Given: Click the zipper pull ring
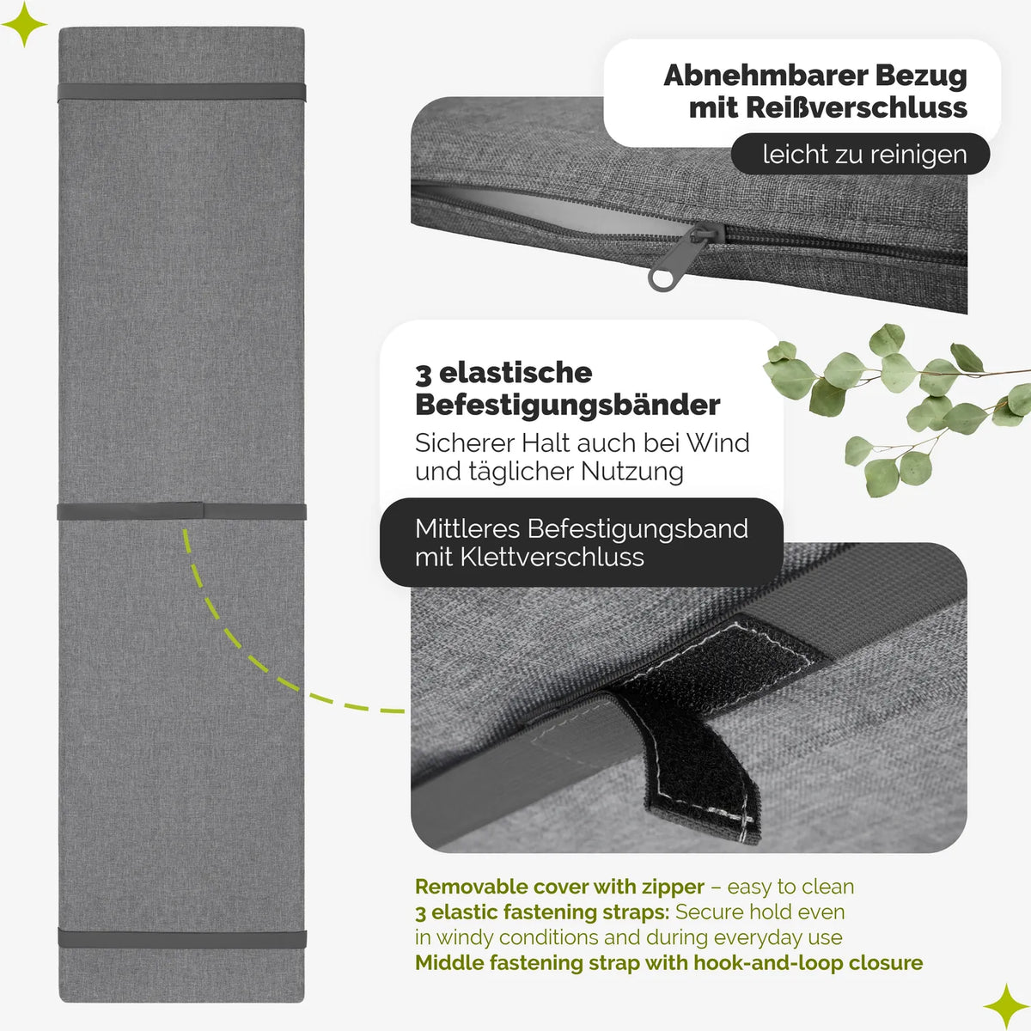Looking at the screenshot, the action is pyautogui.click(x=663, y=278).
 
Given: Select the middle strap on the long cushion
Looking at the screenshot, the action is pyautogui.click(x=182, y=511).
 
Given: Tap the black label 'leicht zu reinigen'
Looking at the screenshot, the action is pyautogui.click(x=860, y=154).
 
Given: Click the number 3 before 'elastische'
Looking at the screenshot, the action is pyautogui.click(x=423, y=375).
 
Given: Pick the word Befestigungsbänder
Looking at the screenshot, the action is pyautogui.click(x=567, y=405).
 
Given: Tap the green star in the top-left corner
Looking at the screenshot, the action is pyautogui.click(x=24, y=24).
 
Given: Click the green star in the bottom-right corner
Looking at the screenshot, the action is pyautogui.click(x=1006, y=1005).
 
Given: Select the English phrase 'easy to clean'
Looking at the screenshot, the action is pyautogui.click(x=790, y=887).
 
